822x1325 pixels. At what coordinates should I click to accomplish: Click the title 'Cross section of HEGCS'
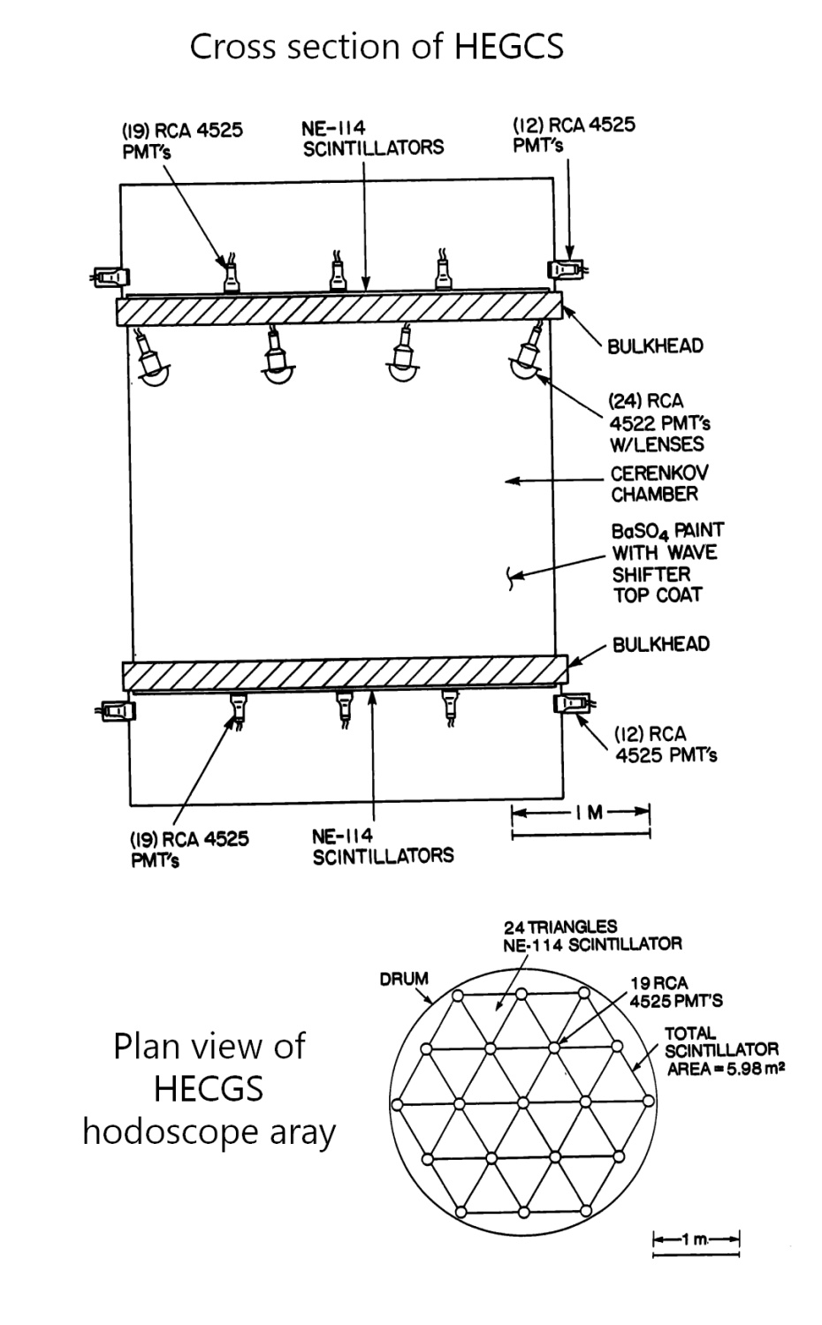coord(377,46)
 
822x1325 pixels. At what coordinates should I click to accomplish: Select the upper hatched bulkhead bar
coord(339,310)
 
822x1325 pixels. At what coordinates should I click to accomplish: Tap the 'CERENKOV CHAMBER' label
coord(658,483)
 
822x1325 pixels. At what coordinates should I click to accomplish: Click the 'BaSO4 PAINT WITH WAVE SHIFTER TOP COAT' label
coord(666,563)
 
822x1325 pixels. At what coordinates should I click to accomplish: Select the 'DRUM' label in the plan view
coord(404,979)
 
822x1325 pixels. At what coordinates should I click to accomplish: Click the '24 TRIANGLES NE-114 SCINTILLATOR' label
coord(592,935)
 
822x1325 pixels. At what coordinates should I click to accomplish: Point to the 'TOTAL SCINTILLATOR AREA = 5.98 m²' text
coord(723,1050)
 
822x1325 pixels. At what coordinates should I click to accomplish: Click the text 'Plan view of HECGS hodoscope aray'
coord(209,1088)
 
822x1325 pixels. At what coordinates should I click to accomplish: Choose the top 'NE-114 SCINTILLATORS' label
coord(372,139)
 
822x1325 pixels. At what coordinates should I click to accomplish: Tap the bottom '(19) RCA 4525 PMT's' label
coord(189,849)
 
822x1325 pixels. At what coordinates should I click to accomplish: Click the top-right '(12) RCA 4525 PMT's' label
coord(574,133)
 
